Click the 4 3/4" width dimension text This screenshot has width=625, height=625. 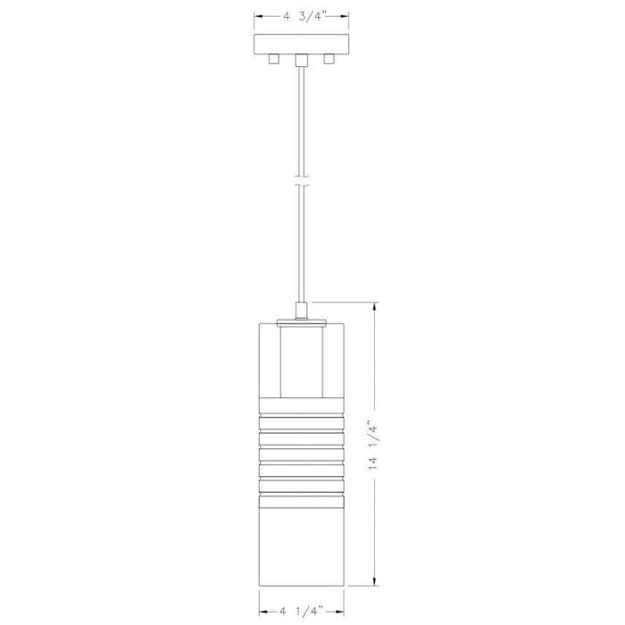[301, 15]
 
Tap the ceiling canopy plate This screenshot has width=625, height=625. [301, 43]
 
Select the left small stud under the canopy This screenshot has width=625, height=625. [274, 59]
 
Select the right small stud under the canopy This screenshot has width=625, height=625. [329, 59]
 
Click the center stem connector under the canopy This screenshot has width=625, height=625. [301, 61]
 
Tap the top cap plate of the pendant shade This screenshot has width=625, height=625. [301, 319]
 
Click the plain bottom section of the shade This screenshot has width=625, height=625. [301, 536]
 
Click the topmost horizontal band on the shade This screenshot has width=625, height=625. [301, 415]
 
